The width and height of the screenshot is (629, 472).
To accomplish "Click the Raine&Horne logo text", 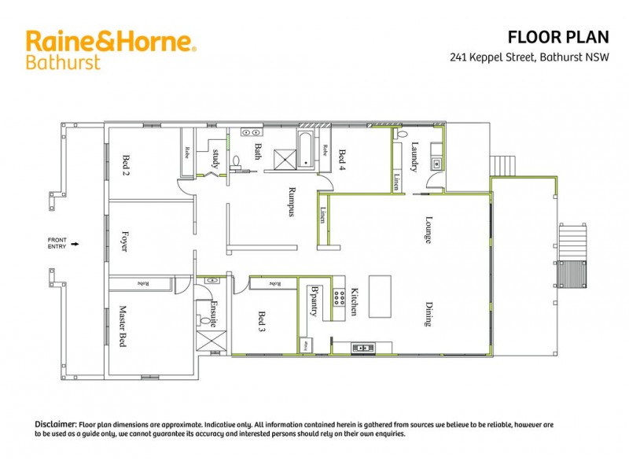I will pos(111,41).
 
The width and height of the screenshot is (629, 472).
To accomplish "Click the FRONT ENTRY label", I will pos(57,244).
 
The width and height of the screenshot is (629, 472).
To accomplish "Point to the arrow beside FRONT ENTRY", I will pos(75,245).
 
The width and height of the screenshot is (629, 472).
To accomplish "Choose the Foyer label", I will pos(124,240).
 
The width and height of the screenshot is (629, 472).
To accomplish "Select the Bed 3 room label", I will pos(262,323).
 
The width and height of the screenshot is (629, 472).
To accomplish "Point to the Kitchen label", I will pos(355,301).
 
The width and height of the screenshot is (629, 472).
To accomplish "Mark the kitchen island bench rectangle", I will pos(380,296).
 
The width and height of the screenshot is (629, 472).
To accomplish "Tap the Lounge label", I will pos(429,230).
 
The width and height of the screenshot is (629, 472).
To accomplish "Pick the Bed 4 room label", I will pos(342,159).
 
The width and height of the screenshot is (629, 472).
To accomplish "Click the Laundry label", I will pos(414,156).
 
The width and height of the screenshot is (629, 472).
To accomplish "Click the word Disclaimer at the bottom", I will pos(55,424).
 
